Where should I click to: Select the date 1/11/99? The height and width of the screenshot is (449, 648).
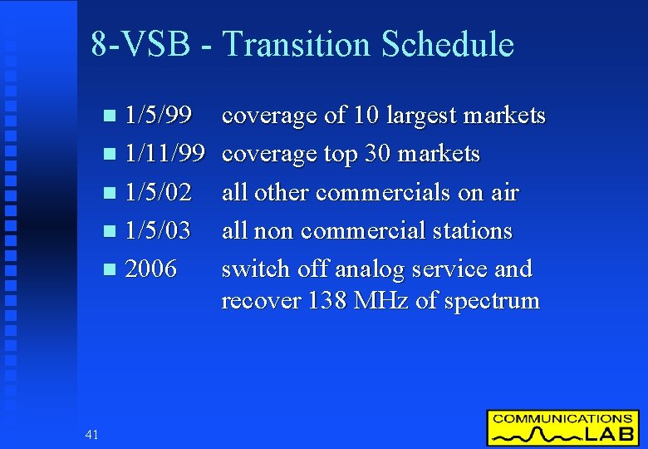[x=165, y=154]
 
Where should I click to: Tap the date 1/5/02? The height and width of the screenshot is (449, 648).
[x=159, y=193]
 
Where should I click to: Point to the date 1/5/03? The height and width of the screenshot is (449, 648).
[x=159, y=231]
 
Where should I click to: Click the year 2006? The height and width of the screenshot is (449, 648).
[x=150, y=269]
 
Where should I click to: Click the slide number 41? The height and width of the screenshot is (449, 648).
[x=91, y=433]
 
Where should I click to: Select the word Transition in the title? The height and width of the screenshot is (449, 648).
[x=297, y=44]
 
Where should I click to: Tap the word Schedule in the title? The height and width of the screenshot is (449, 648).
[x=448, y=44]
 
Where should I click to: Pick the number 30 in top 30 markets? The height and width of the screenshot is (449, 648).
[x=379, y=154]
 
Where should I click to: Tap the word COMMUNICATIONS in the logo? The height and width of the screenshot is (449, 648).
[x=562, y=419]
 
